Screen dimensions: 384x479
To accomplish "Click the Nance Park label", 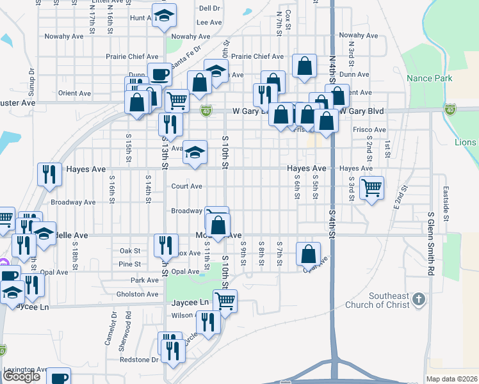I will [x=429, y=78].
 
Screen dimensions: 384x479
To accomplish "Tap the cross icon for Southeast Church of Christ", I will [x=418, y=299].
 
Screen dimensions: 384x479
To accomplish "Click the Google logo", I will [x=21, y=376].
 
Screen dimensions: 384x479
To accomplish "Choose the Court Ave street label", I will [x=186, y=186].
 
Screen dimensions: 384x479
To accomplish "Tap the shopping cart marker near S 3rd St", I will [x=371, y=188].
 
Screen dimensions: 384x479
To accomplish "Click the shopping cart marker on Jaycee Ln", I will [x=224, y=300].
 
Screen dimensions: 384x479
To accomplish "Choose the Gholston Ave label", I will [x=138, y=294].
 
